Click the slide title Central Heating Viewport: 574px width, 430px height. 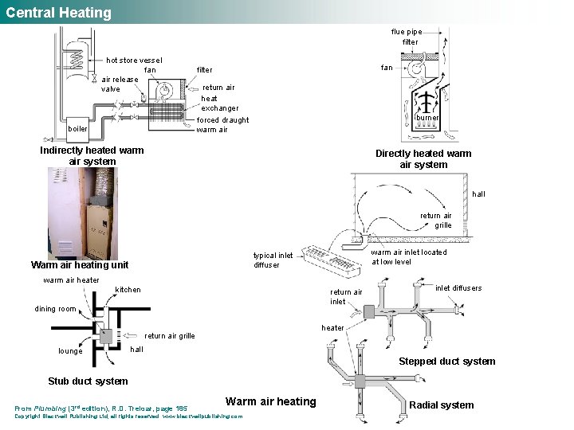(59, 13)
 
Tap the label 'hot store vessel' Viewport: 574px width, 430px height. (134, 61)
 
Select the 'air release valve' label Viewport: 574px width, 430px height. (120, 84)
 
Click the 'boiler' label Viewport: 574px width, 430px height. (78, 127)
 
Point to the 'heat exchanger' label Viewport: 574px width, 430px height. (219, 103)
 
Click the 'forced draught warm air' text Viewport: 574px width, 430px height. (222, 124)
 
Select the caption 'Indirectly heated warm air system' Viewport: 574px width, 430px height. (92, 155)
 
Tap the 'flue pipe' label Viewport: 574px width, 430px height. (407, 32)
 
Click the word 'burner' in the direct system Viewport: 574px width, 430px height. (427, 118)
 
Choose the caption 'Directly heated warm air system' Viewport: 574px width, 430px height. (423, 158)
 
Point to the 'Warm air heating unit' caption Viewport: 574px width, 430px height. (79, 265)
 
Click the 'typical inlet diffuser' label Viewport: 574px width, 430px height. (273, 260)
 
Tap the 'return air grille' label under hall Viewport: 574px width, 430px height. (437, 220)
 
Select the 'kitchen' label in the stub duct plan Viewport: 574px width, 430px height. (128, 289)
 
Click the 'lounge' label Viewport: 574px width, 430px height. (70, 351)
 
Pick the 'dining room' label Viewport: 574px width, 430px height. (56, 309)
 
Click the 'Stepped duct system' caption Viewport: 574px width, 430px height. (446, 362)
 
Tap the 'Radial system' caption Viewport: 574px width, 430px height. (441, 405)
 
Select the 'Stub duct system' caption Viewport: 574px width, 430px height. (88, 381)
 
